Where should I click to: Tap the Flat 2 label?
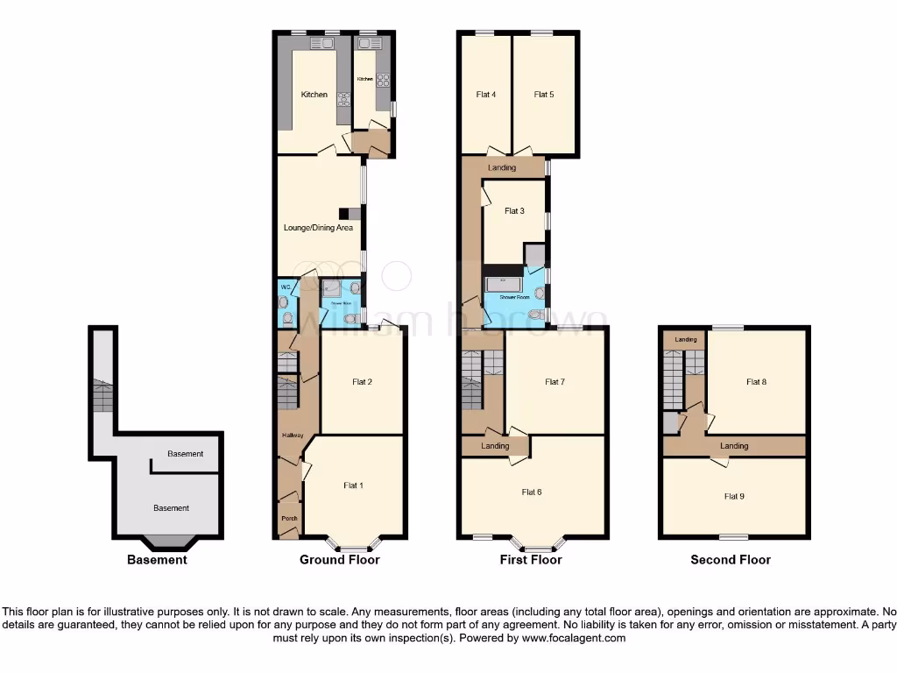pos(363,381)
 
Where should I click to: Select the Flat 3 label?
pos(514,210)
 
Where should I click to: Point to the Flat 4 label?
pos(486,95)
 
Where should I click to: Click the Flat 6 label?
pos(532,492)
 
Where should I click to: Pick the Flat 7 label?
pos(554,381)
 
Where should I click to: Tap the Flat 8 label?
pos(756,381)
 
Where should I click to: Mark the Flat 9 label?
pos(734,496)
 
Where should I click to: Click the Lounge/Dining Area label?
pos(318,228)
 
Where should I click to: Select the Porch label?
pos(289,518)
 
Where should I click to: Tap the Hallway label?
pos(292,436)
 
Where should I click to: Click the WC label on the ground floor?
pos(285,287)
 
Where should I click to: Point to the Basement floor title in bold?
pos(157,560)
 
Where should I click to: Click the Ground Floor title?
pos(340,560)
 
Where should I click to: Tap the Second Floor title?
pos(731,560)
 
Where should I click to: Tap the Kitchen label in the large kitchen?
pos(314,95)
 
